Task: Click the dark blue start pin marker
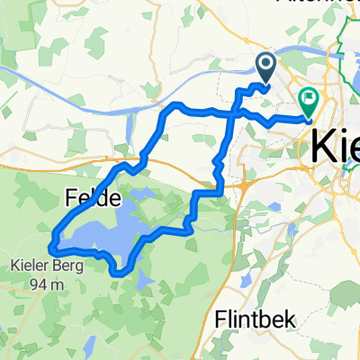267,65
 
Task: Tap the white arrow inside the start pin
267,63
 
